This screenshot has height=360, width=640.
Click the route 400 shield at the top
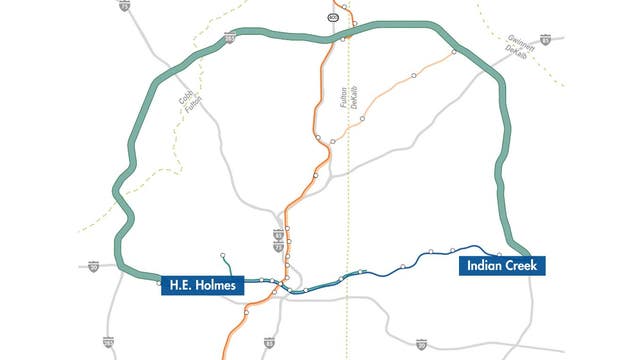pyautogui.click(x=332, y=18)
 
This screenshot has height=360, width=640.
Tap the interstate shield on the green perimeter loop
pyautogui.click(x=230, y=38)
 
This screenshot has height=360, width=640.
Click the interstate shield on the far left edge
pyautogui.click(x=93, y=267)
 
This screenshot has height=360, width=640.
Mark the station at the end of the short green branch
pyautogui.click(x=223, y=255)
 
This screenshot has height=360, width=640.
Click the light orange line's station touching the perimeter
pyautogui.click(x=454, y=52)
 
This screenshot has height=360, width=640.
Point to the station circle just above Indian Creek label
pyautogui.click(x=499, y=253)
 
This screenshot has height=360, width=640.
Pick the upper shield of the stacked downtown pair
pyautogui.click(x=278, y=234)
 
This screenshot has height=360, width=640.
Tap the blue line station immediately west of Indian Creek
pyautogui.click(x=453, y=250)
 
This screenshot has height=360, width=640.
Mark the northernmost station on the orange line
pyautogui.click(x=343, y=8)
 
